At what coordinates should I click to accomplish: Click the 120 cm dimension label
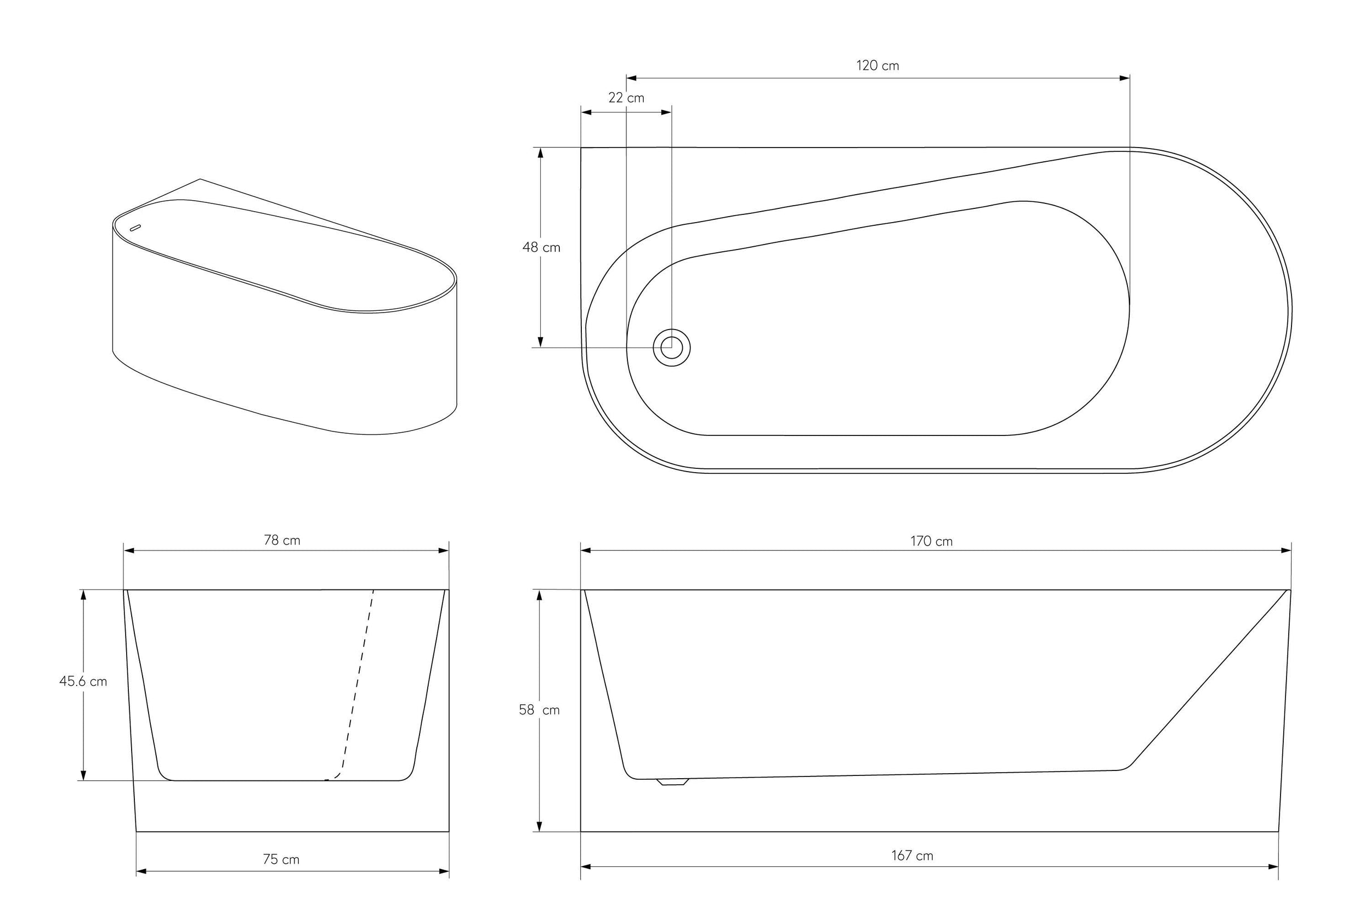(x=877, y=65)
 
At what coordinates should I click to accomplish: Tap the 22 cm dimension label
(x=626, y=98)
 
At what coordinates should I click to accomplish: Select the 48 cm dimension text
(x=541, y=247)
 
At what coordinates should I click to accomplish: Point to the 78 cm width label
(x=282, y=540)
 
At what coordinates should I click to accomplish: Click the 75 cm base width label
(x=281, y=859)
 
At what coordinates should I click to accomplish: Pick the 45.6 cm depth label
(x=83, y=681)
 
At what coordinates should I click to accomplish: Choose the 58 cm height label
(x=539, y=710)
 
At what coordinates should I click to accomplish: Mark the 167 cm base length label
(x=912, y=855)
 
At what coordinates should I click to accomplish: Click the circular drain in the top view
(x=671, y=348)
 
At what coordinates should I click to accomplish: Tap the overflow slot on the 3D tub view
(x=135, y=228)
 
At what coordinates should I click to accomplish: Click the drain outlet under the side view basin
(x=672, y=782)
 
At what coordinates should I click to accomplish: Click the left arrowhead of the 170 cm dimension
(x=586, y=551)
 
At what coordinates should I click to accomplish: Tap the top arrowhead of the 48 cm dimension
(x=540, y=152)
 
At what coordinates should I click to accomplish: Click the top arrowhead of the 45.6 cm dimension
(x=83, y=594)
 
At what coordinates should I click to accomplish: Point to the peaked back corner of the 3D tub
(x=200, y=179)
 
